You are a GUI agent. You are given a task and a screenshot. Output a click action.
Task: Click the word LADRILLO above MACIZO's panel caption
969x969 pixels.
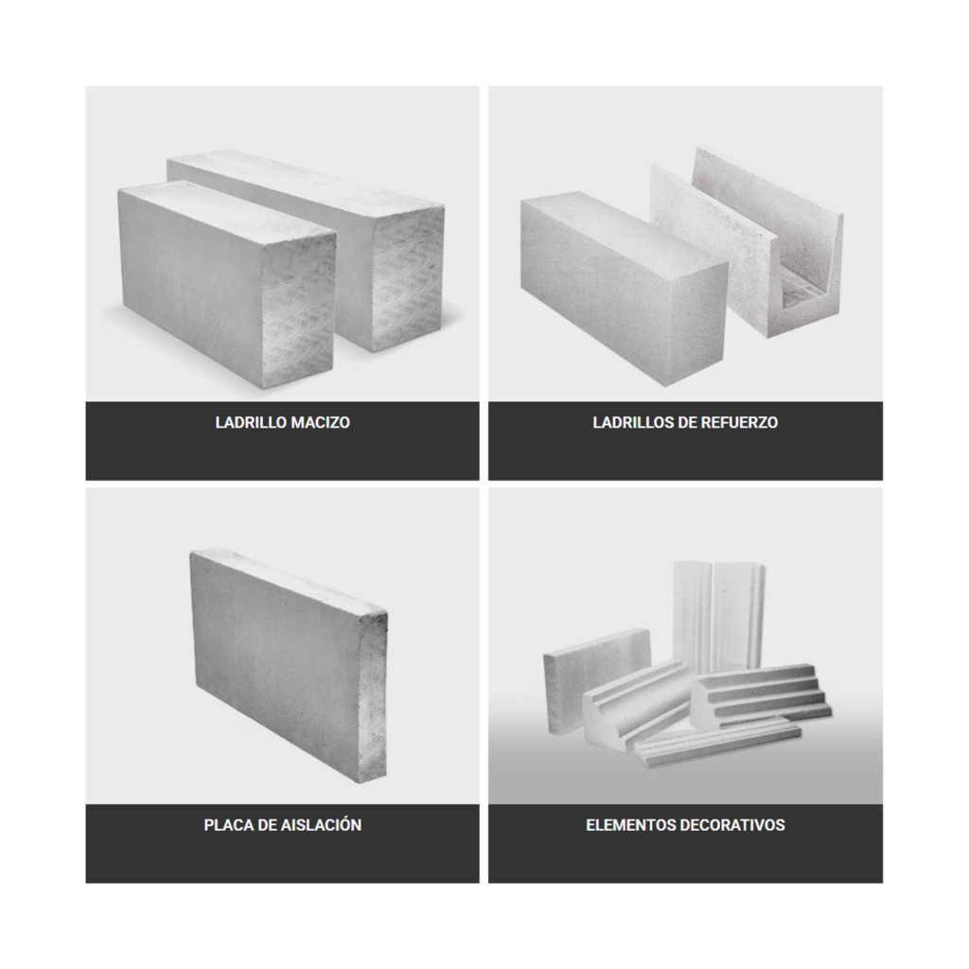(x=251, y=423)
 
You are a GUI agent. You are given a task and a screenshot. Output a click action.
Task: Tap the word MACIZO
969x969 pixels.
(x=320, y=423)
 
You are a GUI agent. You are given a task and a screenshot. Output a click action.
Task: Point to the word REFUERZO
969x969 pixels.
(x=740, y=423)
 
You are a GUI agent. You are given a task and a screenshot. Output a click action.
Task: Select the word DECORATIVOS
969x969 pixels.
(x=732, y=825)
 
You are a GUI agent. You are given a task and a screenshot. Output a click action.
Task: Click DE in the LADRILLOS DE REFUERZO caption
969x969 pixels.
(x=687, y=423)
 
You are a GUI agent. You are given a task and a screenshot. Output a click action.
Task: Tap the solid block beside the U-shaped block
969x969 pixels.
(x=625, y=288)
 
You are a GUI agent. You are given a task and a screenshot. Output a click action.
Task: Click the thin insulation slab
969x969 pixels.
(x=289, y=664)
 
